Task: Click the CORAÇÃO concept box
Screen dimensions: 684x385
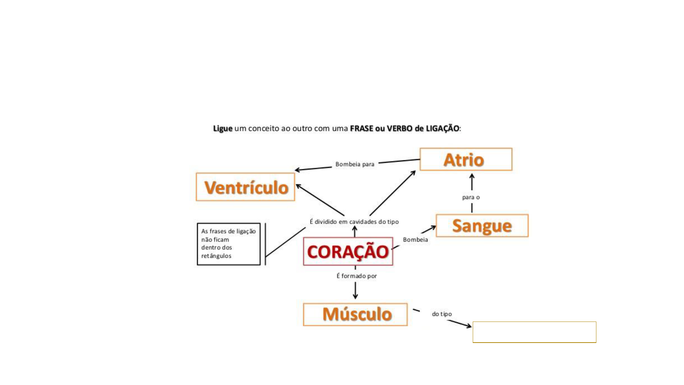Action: pos(348,251)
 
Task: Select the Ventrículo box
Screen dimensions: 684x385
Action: pos(245,187)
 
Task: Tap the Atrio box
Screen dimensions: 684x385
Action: pos(466,159)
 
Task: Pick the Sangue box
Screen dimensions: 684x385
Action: pos(482,226)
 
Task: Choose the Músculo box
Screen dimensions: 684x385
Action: pos(355,314)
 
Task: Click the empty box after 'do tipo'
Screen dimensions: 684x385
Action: pos(534,332)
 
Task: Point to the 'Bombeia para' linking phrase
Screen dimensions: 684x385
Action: pos(355,164)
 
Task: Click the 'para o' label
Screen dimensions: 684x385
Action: pos(471,197)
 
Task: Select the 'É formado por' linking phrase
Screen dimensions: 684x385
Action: pos(357,276)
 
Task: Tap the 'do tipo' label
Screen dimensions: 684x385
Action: pos(442,314)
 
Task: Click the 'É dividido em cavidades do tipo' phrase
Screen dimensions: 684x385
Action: pos(354,222)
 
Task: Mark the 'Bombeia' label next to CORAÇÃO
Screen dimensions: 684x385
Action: pos(415,240)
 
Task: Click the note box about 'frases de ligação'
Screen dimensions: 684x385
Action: pos(229,244)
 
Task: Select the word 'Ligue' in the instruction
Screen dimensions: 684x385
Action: pos(223,128)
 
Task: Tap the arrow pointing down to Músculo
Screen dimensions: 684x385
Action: pos(355,291)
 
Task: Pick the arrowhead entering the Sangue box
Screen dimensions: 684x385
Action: pos(432,227)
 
